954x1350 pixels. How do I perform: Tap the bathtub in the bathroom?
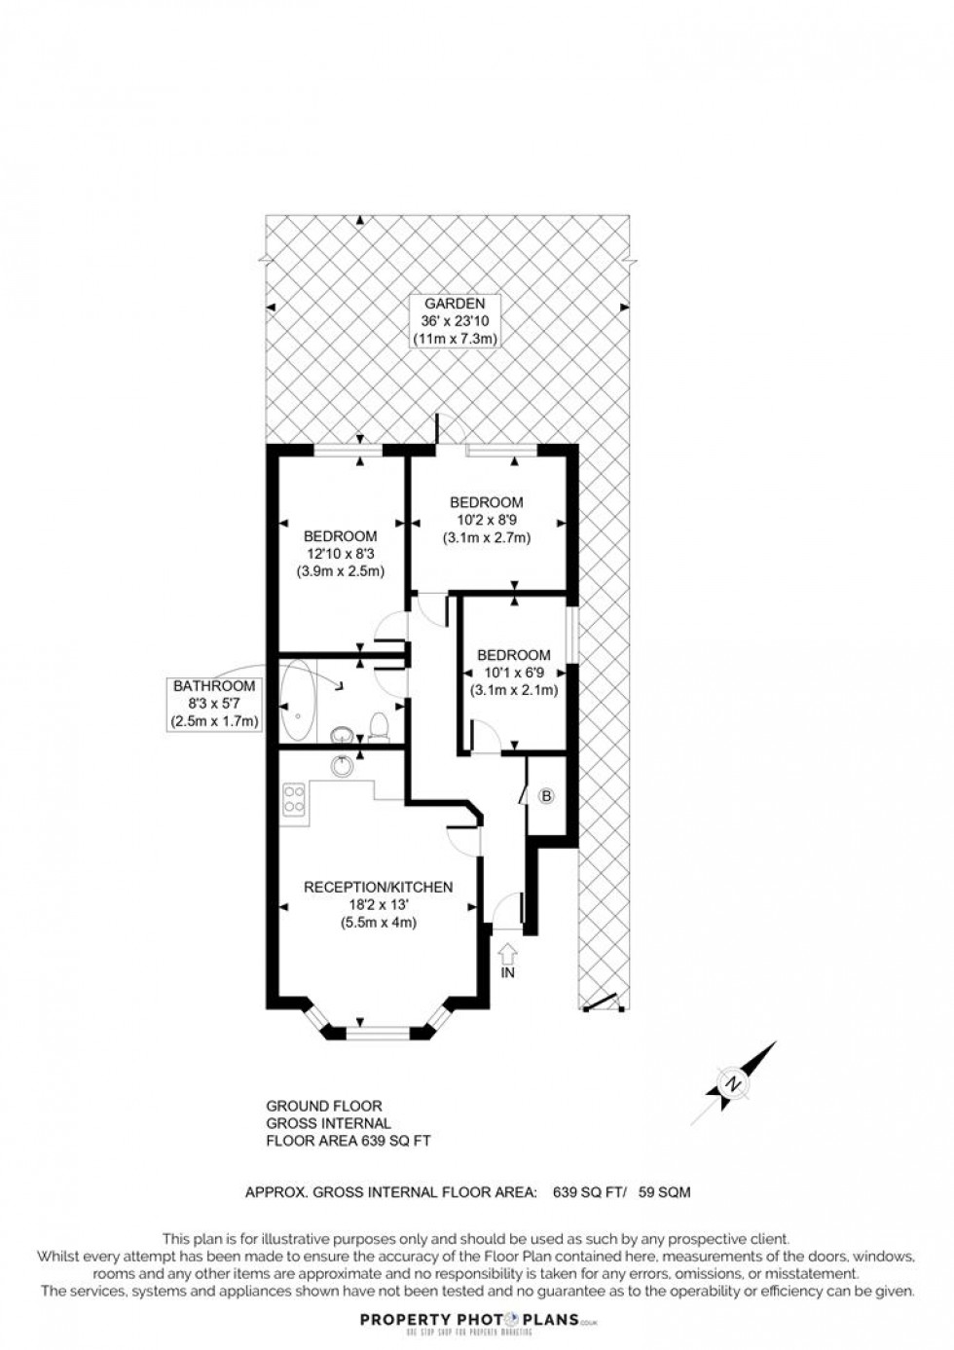(294, 700)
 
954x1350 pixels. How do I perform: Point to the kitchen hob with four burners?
(293, 800)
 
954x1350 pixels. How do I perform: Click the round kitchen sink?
(341, 767)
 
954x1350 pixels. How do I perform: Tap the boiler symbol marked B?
(546, 796)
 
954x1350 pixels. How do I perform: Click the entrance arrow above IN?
(507, 951)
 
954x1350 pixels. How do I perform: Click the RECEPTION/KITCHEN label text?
(378, 887)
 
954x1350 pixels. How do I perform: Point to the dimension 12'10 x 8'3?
(340, 554)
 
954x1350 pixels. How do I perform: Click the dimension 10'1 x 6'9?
(514, 673)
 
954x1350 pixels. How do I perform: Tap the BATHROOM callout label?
(214, 686)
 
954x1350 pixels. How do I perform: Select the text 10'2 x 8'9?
(486, 520)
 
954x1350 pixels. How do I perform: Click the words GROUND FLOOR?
(324, 1106)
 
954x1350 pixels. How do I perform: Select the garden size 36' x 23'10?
(454, 320)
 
